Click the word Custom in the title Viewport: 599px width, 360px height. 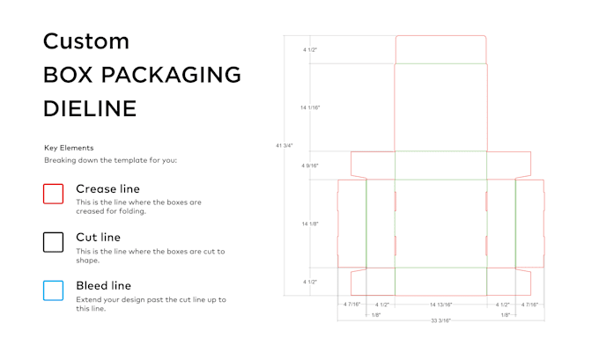86,40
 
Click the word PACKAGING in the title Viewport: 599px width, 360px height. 174,75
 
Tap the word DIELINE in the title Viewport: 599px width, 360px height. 90,108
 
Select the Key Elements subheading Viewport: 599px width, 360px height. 69,148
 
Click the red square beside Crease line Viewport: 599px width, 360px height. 54,194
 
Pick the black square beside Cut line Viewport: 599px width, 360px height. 54,242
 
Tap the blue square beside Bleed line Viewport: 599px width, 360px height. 54,290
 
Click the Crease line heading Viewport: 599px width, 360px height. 107,188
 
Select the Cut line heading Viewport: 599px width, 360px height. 98,237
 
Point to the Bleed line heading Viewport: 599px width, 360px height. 103,285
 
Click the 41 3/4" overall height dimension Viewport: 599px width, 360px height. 284,145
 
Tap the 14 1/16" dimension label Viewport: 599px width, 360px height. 310,107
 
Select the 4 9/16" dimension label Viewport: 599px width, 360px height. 310,165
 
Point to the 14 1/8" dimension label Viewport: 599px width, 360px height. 310,224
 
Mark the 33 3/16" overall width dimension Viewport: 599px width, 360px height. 440,321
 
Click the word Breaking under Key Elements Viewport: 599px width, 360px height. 58,161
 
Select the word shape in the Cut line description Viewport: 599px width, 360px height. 86,260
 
